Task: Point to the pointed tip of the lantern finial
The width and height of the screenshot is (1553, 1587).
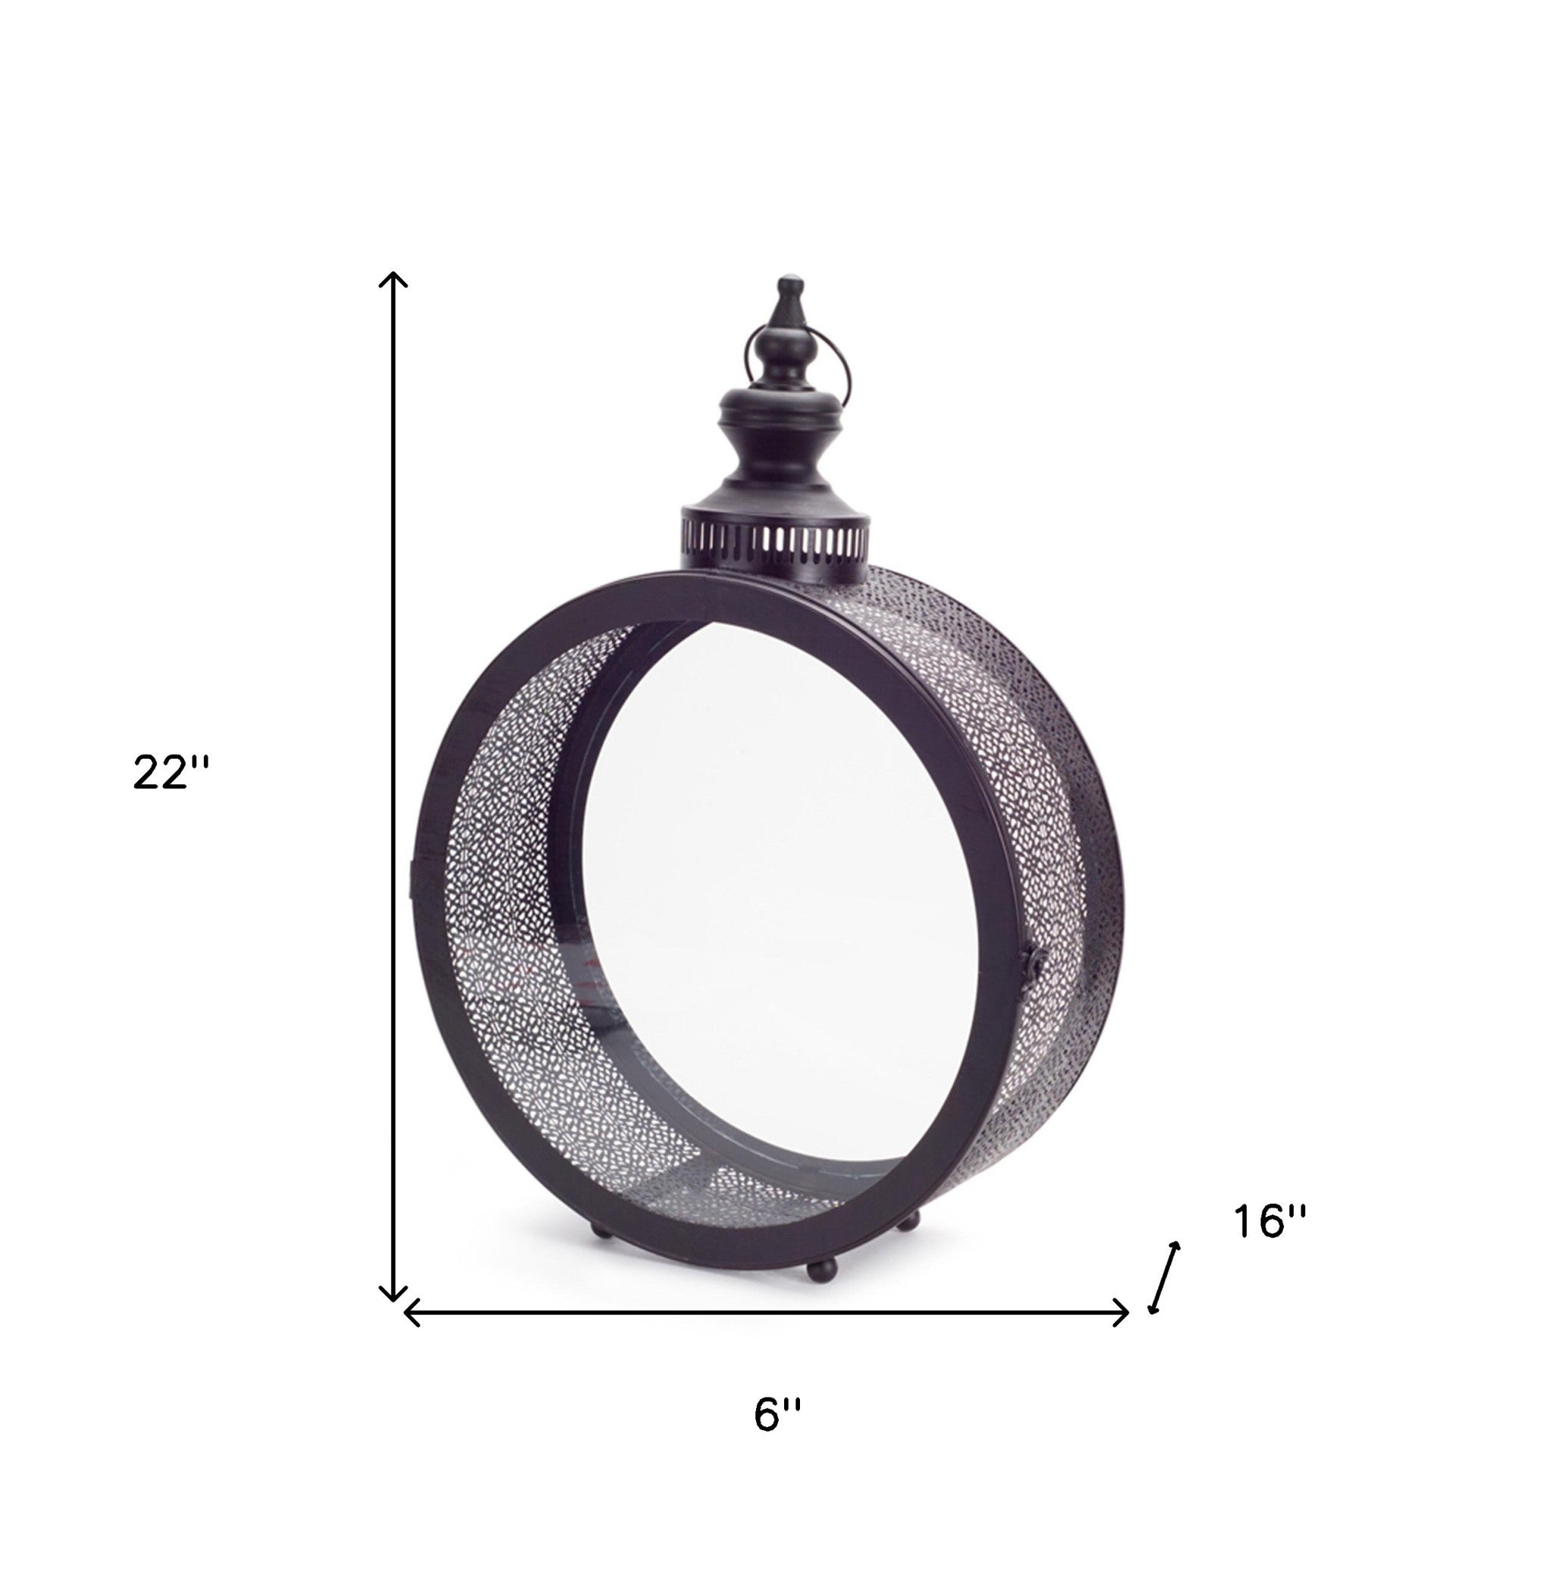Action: click(x=789, y=280)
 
